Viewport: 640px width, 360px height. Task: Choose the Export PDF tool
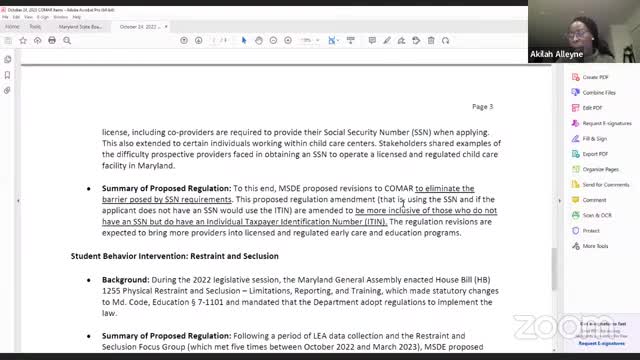pos(595,154)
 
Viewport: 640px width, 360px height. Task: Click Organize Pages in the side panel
pos(600,169)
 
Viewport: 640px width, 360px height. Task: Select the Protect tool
pos(590,231)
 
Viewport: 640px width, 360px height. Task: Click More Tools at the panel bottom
pos(595,246)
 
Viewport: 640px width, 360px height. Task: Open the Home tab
pos(12,27)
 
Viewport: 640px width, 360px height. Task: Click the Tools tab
pos(35,27)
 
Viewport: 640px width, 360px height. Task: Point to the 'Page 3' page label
pos(482,106)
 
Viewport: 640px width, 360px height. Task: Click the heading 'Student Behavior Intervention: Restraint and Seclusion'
pos(174,256)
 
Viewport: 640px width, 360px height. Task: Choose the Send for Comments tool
pos(604,185)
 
